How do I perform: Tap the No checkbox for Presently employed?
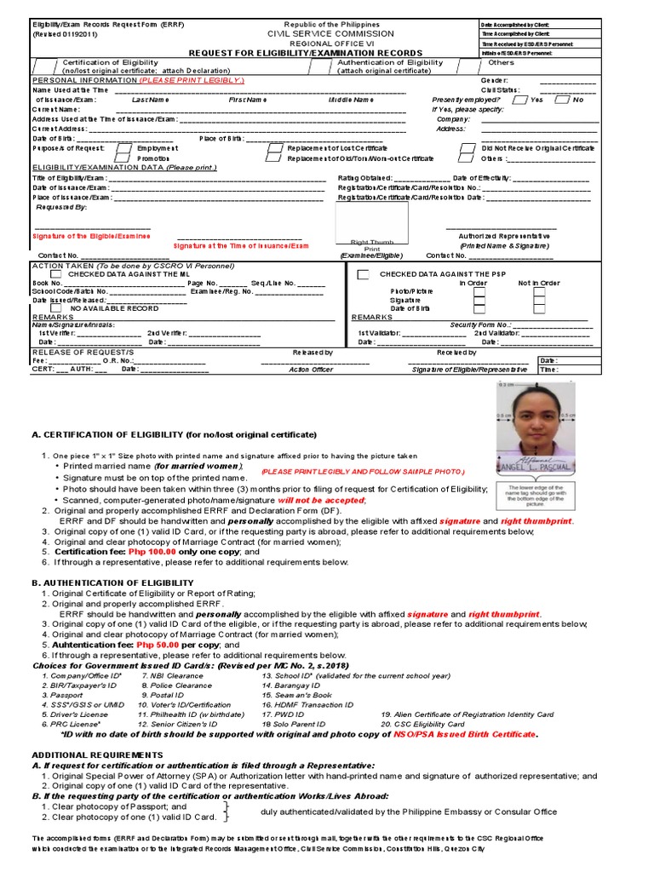(562, 100)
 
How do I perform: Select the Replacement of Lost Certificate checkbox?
(272, 148)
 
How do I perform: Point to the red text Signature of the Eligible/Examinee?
(91, 236)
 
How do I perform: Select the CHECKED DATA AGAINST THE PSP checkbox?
(363, 274)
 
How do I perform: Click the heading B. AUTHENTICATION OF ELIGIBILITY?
(112, 582)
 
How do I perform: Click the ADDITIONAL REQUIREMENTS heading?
(97, 754)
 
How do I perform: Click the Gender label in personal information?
(494, 80)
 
